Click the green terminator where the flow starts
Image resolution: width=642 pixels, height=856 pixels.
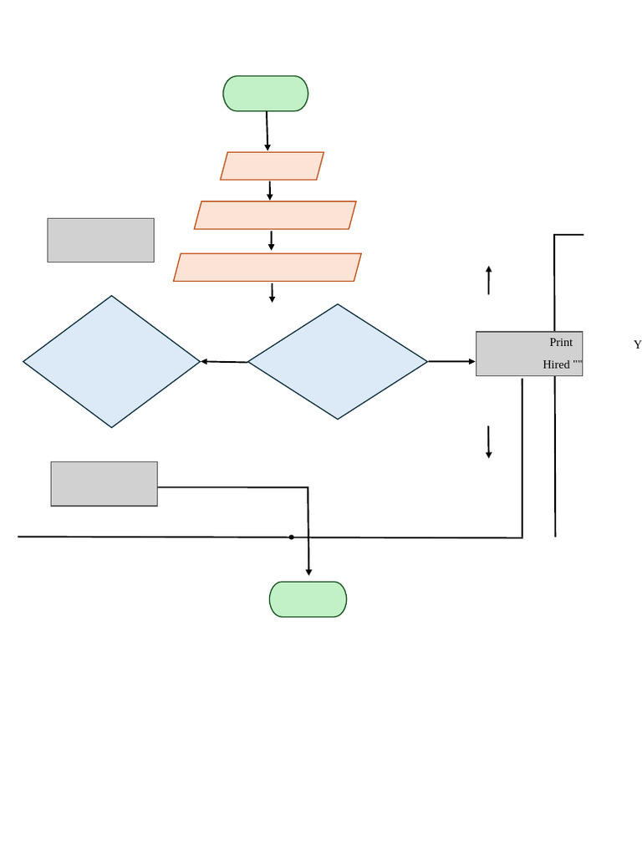pyautogui.click(x=265, y=94)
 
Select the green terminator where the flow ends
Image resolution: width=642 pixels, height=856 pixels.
pyautogui.click(x=308, y=599)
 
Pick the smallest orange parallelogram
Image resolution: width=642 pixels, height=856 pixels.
pyautogui.click(x=272, y=166)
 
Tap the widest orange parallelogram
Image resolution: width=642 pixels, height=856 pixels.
pyautogui.click(x=267, y=267)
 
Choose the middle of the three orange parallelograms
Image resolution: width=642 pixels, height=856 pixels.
pyautogui.click(x=275, y=215)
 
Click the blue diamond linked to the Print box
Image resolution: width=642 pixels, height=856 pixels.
pyautogui.click(x=338, y=361)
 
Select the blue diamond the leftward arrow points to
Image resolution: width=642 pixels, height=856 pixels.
pyautogui.click(x=111, y=361)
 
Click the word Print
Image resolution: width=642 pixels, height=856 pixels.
pyautogui.click(x=561, y=343)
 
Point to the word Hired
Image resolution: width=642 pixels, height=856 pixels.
pyautogui.click(x=556, y=364)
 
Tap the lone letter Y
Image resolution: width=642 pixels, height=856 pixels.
pyautogui.click(x=637, y=344)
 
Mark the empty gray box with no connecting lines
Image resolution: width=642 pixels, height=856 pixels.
pyautogui.click(x=100, y=240)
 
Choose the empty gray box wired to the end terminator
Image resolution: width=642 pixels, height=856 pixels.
pyautogui.click(x=104, y=484)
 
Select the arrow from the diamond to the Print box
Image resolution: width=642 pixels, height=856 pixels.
pyautogui.click(x=451, y=362)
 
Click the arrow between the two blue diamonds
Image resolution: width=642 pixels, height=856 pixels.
pyautogui.click(x=224, y=362)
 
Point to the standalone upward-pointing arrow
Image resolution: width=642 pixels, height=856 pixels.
pyautogui.click(x=488, y=280)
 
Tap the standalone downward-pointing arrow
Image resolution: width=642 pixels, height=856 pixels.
pyautogui.click(x=488, y=442)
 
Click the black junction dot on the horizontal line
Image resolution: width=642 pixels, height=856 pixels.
pyautogui.click(x=291, y=537)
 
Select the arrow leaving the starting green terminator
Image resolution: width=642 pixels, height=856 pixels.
pyautogui.click(x=267, y=130)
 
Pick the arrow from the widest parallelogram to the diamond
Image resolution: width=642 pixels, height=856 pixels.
pyautogui.click(x=272, y=292)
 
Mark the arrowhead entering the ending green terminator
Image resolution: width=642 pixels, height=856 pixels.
pyautogui.click(x=308, y=572)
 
